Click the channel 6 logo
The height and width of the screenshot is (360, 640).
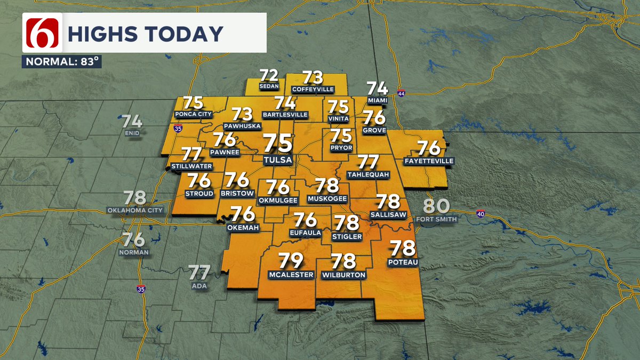[x=42, y=33]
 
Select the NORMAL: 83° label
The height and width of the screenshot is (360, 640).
[x=62, y=61]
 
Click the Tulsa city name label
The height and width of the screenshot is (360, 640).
[x=278, y=159]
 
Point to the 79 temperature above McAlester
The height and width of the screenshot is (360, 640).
[x=291, y=261]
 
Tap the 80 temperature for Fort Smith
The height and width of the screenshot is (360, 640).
[x=437, y=206]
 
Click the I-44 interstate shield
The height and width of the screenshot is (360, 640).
[x=401, y=93]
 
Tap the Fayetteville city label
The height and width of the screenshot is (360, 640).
[x=428, y=161]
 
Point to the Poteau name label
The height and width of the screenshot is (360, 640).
[x=403, y=262]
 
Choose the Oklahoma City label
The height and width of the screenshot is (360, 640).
[x=135, y=210]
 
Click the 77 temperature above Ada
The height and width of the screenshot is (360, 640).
[x=199, y=273]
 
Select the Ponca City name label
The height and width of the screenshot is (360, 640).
[x=193, y=114]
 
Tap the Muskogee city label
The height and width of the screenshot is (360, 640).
[x=327, y=199]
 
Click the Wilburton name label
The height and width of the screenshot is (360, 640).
[x=344, y=275]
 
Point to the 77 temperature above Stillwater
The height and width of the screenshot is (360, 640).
[x=192, y=154]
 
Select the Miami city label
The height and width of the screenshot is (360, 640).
[x=377, y=100]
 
